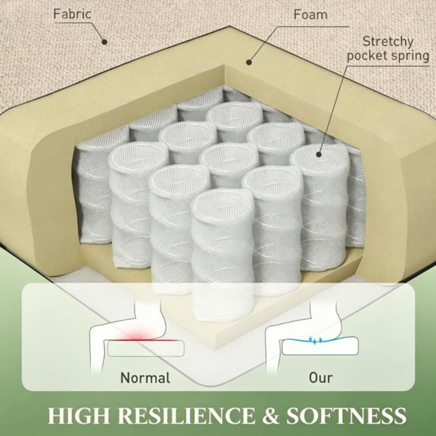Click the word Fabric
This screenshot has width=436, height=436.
[72, 14]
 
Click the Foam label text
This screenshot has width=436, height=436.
[310, 15]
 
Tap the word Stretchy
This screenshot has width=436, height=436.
[388, 41]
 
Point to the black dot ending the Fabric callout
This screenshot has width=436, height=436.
[104, 42]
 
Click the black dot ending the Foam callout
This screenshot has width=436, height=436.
[249, 62]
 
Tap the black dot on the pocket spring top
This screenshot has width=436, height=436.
[319, 154]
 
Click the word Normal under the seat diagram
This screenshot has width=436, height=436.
[145, 378]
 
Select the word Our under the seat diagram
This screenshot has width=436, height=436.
[320, 378]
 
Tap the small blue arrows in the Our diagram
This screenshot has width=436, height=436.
[315, 340]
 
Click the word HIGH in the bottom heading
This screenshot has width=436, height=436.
[78, 416]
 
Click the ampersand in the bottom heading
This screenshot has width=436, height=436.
[270, 416]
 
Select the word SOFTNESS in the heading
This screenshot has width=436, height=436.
[346, 416]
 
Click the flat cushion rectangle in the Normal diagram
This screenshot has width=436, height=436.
[146, 348]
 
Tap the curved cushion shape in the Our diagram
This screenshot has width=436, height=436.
[320, 346]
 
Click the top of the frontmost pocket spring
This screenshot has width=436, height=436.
[223, 206]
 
